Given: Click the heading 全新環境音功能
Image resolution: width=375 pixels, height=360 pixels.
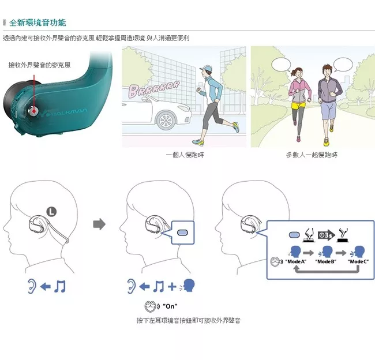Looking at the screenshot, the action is click(37, 22).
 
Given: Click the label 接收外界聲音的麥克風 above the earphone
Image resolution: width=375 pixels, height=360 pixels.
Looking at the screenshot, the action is click(39, 65).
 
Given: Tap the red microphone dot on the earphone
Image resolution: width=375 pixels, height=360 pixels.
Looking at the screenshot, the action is click(33, 111).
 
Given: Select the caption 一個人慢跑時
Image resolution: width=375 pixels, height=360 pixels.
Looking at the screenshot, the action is click(185, 155).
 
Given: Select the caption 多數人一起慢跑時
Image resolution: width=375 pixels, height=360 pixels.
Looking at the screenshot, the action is click(312, 155).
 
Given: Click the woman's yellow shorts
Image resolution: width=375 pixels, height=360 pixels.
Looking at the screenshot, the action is click(298, 105).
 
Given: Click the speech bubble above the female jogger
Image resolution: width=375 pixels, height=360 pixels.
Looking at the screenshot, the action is click(282, 65).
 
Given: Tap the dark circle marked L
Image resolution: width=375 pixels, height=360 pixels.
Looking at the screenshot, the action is click(51, 212).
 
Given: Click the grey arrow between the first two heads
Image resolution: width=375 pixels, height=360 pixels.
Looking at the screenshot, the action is click(99, 224).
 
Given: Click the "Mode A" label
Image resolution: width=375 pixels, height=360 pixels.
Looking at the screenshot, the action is click(295, 261).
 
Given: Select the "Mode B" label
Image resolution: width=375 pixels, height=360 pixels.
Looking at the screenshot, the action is click(326, 261).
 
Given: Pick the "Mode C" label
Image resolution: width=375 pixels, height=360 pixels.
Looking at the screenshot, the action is click(358, 261).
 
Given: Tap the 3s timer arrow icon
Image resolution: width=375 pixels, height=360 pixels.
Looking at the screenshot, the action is click(326, 235).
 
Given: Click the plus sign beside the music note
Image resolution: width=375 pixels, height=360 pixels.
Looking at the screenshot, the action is click(172, 286).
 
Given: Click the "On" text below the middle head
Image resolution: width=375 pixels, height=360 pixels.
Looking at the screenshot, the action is click(170, 306).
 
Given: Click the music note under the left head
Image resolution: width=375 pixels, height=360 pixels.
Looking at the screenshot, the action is click(60, 286).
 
